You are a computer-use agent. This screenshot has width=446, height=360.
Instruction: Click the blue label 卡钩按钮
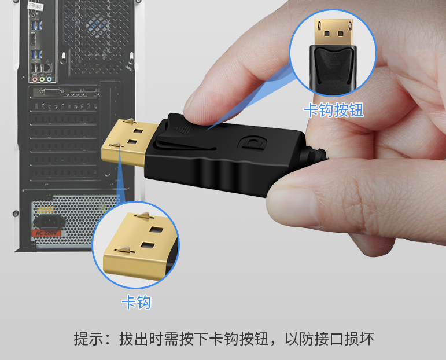334,110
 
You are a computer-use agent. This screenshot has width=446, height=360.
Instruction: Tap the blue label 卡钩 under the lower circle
137,302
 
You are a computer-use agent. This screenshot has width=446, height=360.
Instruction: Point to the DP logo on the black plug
252,142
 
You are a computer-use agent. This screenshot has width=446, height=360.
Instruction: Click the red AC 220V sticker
46,233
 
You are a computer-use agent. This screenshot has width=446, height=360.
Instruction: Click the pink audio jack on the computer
35,79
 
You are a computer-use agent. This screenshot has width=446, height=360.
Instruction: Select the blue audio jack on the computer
49,79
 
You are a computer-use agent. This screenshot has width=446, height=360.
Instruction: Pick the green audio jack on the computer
42,79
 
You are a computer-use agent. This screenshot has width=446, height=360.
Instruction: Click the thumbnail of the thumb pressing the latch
196,112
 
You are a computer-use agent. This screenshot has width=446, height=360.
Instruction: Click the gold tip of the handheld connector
128,142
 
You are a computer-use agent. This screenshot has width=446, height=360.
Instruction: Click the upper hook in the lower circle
145,215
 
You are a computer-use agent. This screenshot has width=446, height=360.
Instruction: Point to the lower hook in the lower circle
124,250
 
